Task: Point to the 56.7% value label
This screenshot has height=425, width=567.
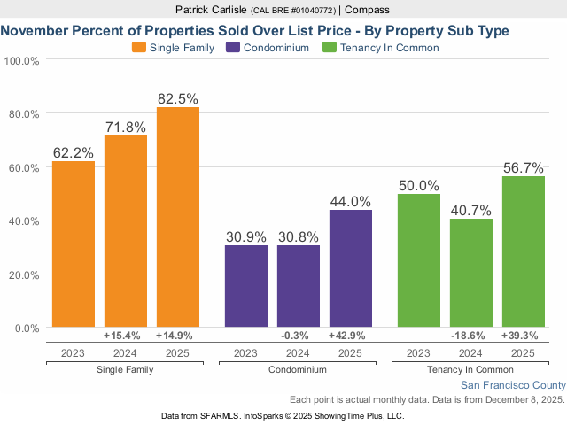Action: coord(523,167)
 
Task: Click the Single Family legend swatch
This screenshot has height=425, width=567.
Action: coord(139,48)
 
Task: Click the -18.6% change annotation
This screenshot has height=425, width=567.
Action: coord(471,336)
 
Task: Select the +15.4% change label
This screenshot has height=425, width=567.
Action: coord(126,336)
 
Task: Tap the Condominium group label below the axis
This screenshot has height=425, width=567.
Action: coord(298,369)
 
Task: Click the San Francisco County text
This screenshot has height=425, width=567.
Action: coord(512,385)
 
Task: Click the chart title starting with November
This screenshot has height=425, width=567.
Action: coord(255,30)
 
